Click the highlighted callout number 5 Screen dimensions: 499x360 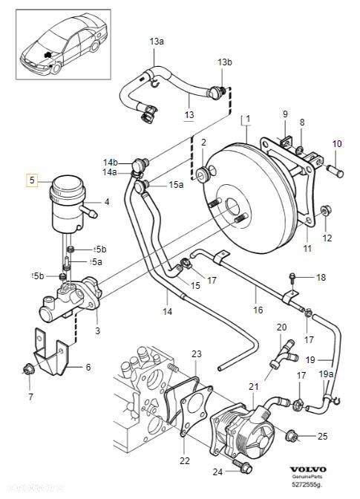(x=31, y=179)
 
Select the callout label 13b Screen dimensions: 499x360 (x=225, y=62)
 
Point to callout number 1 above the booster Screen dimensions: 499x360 (x=248, y=119)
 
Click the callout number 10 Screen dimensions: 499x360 (x=336, y=143)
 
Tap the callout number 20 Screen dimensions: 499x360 (x=281, y=327)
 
